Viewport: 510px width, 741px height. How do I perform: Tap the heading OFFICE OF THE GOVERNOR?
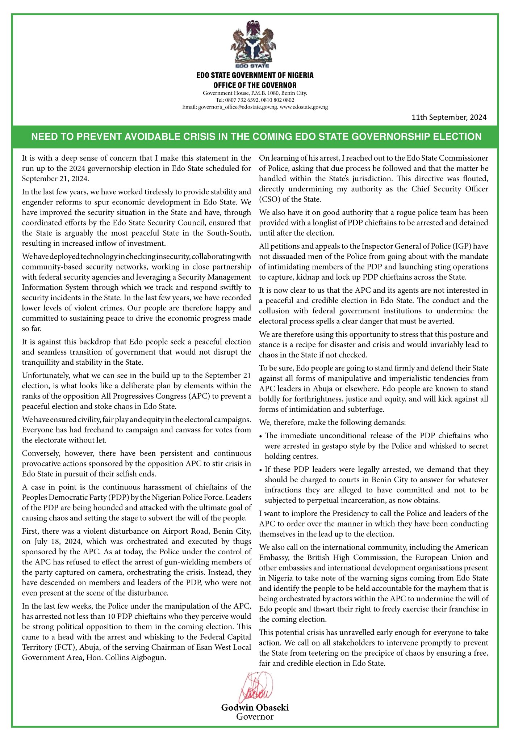click(255, 85)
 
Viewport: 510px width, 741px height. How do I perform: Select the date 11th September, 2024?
click(449, 117)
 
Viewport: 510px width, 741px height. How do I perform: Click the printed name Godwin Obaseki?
click(255, 707)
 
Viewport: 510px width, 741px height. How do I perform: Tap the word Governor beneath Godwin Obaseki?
click(255, 717)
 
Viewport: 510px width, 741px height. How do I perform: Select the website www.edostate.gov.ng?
click(304, 107)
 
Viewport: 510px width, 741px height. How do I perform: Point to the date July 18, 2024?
click(53, 542)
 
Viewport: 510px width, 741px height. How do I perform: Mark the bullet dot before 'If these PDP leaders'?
click(261, 470)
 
